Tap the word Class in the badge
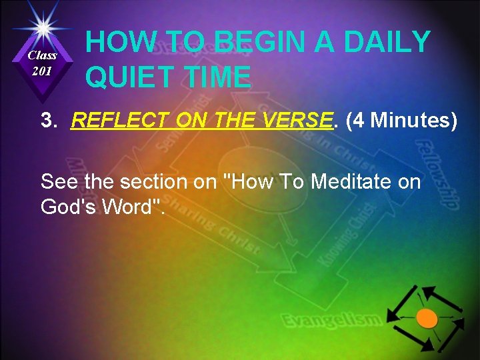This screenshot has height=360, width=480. pyautogui.click(x=43, y=56)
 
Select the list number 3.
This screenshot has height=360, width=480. pyautogui.click(x=48, y=121)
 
